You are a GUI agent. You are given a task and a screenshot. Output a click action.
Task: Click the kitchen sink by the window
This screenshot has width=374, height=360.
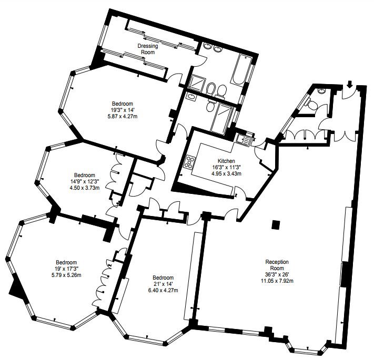[242, 140]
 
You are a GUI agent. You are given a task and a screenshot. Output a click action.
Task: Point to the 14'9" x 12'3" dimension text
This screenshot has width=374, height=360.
[84, 181]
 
